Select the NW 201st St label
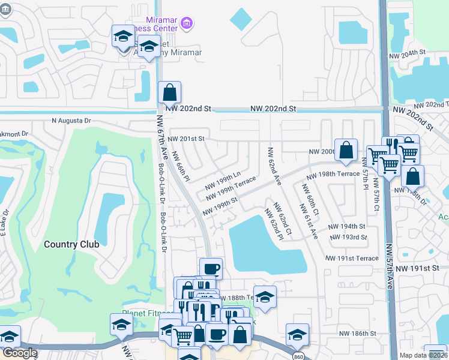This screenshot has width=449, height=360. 186,139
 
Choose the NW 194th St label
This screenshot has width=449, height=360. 346,226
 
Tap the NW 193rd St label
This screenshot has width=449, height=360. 349,237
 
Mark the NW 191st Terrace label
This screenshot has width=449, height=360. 352,258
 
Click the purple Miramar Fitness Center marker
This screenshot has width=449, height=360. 187,23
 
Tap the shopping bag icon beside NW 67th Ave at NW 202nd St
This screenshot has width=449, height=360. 169,93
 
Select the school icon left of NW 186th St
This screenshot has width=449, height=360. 297,334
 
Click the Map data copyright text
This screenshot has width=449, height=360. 423,355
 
